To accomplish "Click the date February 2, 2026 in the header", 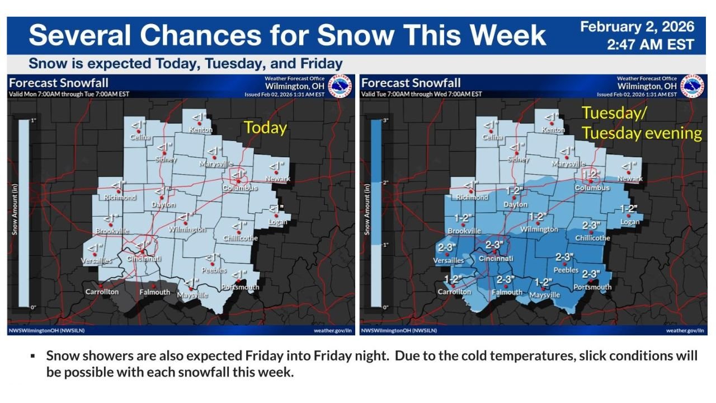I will (x=637, y=27).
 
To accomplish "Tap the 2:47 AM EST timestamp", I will (x=650, y=45).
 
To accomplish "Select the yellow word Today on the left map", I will (x=265, y=128).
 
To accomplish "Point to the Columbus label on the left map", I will (x=240, y=188).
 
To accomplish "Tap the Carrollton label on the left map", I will (x=102, y=292).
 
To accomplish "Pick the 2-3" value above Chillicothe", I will (x=591, y=225).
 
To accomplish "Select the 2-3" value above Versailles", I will (x=447, y=247).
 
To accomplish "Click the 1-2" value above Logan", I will (x=630, y=209).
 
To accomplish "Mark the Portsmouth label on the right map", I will (x=592, y=287).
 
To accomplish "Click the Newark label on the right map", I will (x=630, y=179).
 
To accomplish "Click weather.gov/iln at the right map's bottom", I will (x=685, y=331).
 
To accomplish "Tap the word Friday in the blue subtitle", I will (x=322, y=63).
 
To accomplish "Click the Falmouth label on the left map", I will (x=155, y=292).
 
